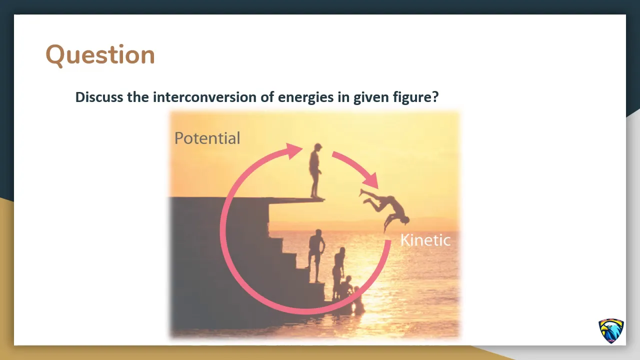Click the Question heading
point(100,55)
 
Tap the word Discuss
point(99,97)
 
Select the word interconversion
point(205,97)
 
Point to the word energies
point(305,97)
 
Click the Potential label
point(207,138)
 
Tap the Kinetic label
point(425,240)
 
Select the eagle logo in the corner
point(611,331)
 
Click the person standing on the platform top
point(315,171)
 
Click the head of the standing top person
point(317,147)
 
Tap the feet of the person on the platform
point(317,197)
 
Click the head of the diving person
point(405,220)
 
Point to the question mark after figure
point(435,97)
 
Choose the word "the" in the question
point(137,97)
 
